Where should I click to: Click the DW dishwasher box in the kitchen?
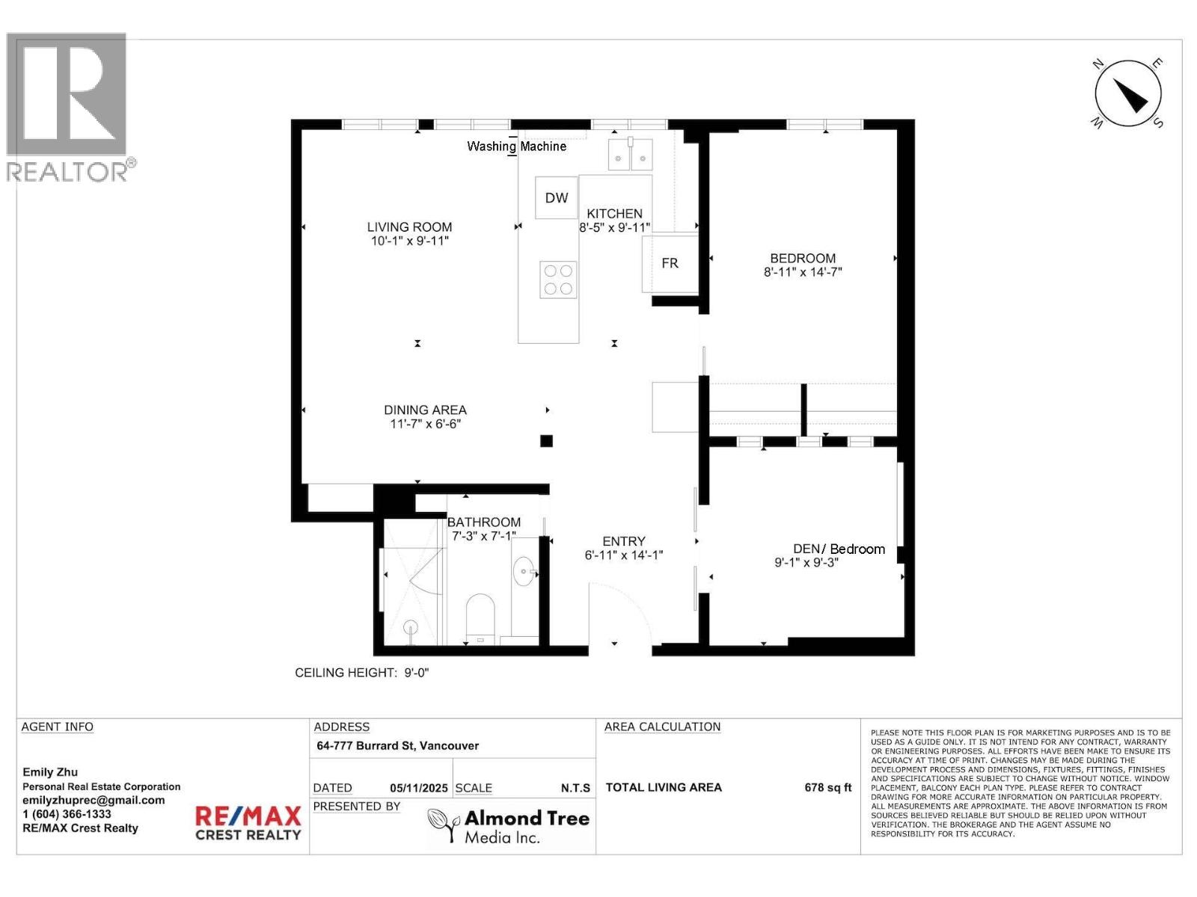(x=556, y=198)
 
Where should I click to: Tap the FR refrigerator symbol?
(x=670, y=263)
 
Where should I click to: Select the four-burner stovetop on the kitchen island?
(x=558, y=280)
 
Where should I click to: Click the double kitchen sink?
(x=630, y=155)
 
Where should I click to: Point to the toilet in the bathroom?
(x=480, y=618)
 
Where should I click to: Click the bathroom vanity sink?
(x=524, y=573)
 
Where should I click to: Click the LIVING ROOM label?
(x=409, y=226)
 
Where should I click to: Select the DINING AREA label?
(x=425, y=410)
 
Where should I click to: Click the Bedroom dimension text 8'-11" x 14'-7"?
(x=803, y=272)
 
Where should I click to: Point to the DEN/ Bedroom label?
(x=839, y=549)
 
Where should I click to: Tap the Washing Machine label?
(x=516, y=147)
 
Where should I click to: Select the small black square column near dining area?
(x=546, y=441)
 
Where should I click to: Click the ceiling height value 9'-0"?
(x=416, y=673)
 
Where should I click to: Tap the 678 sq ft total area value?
(x=827, y=787)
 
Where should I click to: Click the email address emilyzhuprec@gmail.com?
(x=94, y=800)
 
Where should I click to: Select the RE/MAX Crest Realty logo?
(x=248, y=822)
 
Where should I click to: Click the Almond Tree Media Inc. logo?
(x=509, y=827)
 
